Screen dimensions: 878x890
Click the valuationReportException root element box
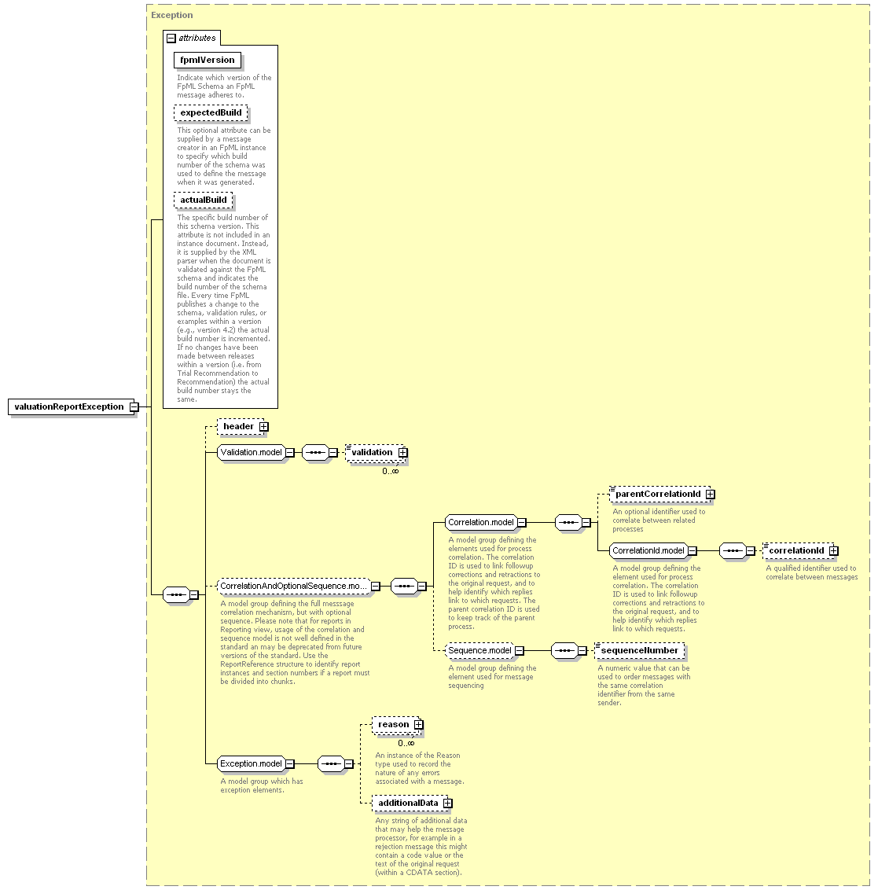coord(72,407)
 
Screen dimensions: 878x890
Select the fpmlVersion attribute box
coord(208,61)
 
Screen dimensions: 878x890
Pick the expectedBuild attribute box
coord(211,113)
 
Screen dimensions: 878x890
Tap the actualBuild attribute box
coord(203,200)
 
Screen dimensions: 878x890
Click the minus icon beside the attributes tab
coord(171,39)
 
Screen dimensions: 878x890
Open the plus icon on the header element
coord(264,427)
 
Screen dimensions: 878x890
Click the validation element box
coord(376,453)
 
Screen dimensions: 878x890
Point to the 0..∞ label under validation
coord(391,471)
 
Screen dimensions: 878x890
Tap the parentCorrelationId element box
coord(661,495)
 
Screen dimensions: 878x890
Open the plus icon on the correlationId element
coord(833,551)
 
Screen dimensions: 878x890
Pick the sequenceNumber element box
coord(640,651)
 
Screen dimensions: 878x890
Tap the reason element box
coord(397,725)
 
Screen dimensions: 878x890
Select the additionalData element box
coord(412,804)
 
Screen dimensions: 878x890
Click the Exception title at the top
coord(172,15)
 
